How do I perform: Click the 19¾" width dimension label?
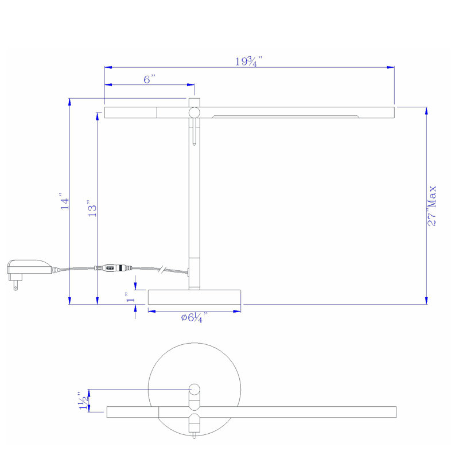coord(248,61)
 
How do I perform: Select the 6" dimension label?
coord(149,79)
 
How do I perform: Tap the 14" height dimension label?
coord(65,201)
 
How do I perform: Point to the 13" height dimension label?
coord(92,208)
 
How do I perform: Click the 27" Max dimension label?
coord(432,206)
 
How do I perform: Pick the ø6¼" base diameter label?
coord(195,317)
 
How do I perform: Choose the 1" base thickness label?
coord(130,297)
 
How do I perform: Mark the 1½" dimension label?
coord(83,400)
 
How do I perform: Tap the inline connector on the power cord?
coord(113,268)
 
